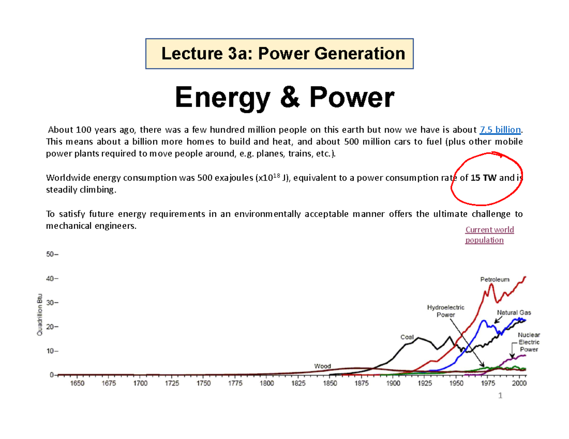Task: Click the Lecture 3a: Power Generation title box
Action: [280, 54]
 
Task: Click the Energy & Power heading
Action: [284, 98]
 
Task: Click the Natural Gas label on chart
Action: [514, 313]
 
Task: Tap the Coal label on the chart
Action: [407, 337]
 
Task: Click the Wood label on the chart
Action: [322, 366]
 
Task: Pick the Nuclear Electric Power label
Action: [528, 342]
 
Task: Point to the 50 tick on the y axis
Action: [50, 254]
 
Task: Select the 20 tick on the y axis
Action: [50, 327]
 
